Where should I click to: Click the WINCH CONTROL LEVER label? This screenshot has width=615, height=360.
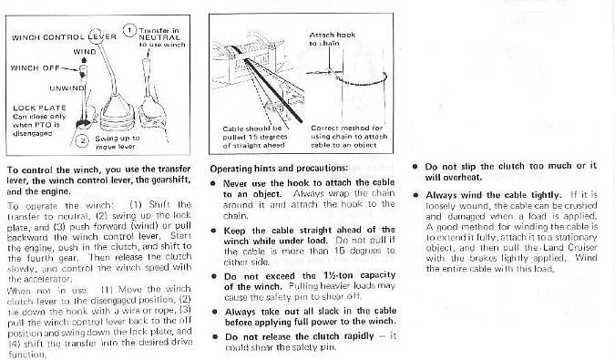[64, 37]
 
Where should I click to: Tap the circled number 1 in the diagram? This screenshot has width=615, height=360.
[129, 30]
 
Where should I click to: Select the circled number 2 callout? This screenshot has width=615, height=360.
[82, 140]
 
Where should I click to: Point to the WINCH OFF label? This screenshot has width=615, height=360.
[35, 67]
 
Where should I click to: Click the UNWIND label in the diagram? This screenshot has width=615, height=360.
[67, 87]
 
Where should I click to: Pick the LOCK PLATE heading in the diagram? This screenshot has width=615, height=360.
[39, 108]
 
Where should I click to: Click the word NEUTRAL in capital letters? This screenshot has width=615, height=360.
[159, 37]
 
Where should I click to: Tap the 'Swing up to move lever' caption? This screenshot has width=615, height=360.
[118, 142]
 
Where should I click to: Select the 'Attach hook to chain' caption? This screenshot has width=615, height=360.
[333, 39]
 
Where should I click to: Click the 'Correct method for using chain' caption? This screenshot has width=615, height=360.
[349, 136]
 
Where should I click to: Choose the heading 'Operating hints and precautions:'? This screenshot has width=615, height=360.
[279, 169]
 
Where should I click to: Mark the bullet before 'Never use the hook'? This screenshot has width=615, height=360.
[213, 183]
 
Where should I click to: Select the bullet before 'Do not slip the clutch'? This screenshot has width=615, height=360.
[415, 166]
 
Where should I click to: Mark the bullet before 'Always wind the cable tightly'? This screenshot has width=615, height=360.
[415, 195]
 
